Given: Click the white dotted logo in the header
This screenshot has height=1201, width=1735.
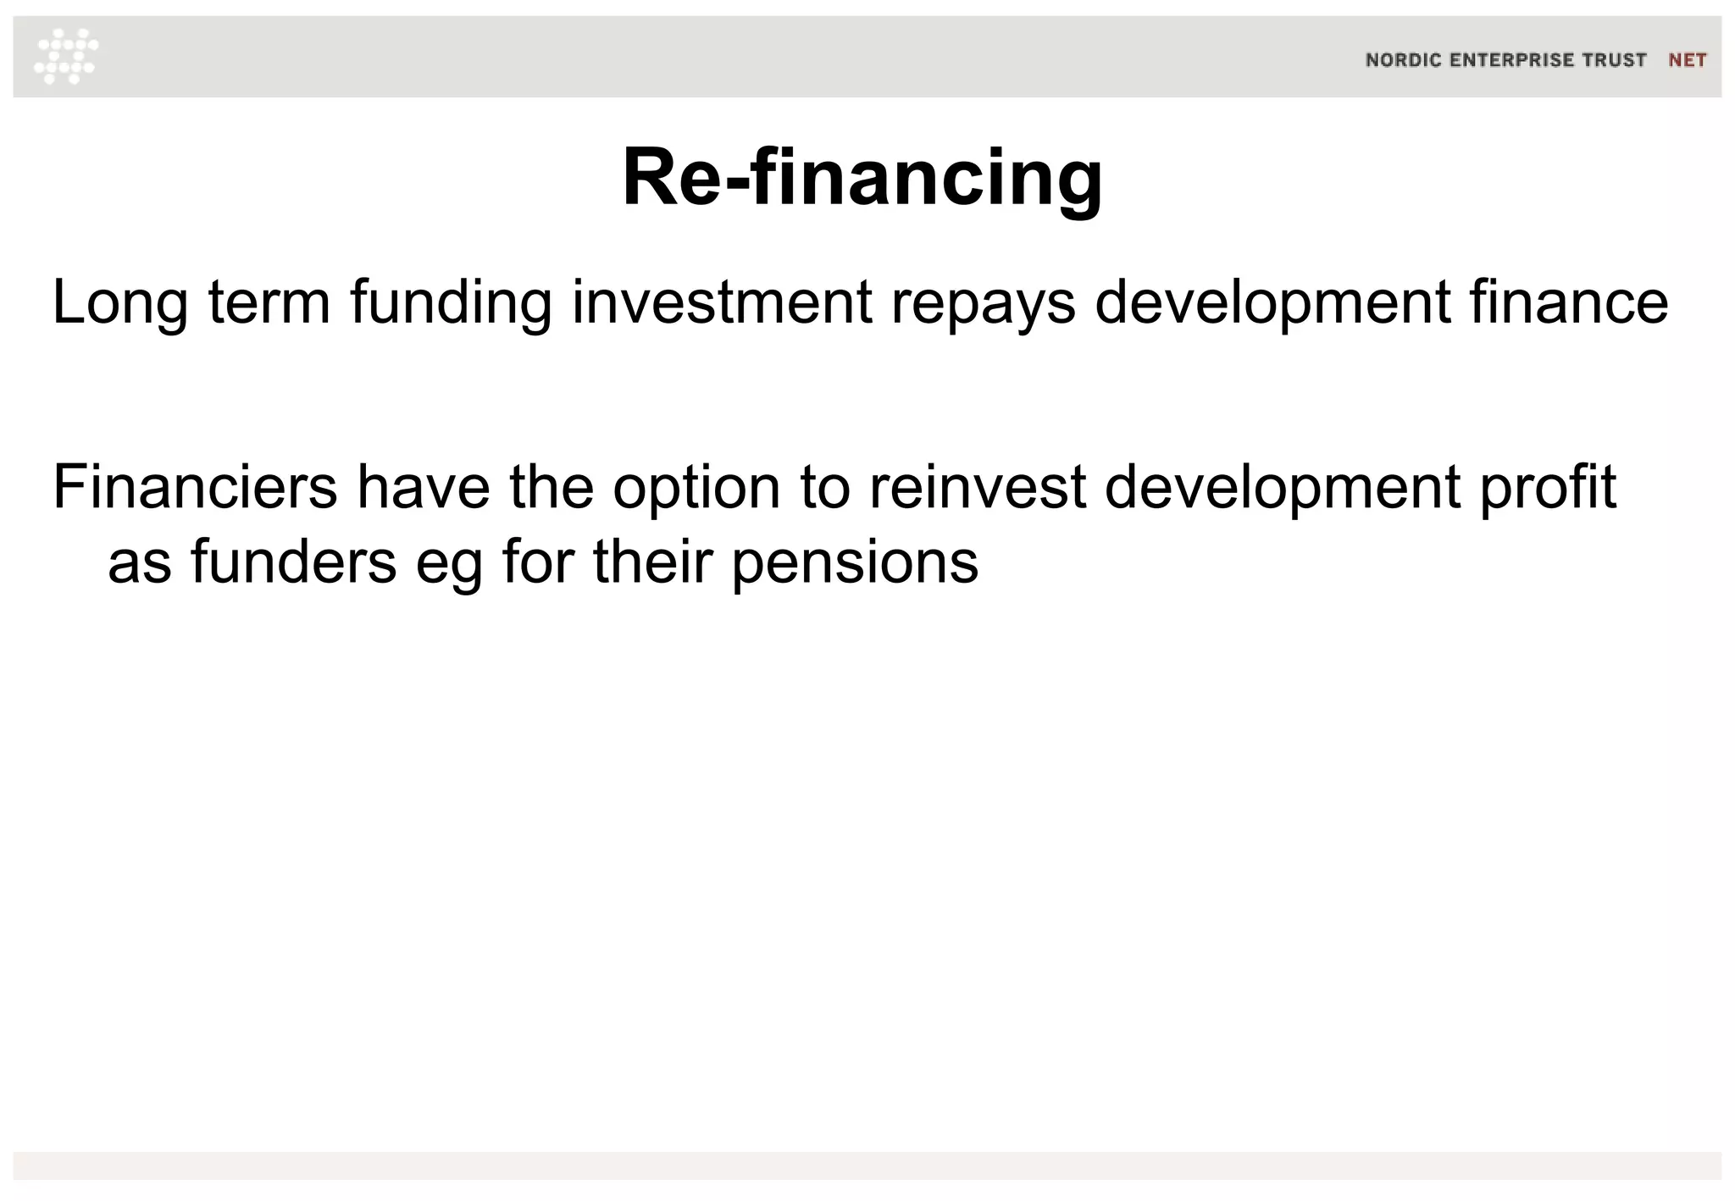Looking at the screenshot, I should pos(66,56).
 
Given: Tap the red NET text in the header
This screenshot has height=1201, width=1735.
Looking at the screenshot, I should pos(1687,60).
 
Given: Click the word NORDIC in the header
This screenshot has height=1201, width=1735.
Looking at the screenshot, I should pos(1403,60).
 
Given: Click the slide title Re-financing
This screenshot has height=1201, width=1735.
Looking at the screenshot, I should pos(862,178).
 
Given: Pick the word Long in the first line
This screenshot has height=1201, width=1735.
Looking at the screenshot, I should pos(119,303).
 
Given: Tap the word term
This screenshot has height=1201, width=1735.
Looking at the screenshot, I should pos(269,303).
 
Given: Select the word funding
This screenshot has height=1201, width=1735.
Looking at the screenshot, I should pos(451,303).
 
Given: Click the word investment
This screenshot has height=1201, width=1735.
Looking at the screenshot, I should pos(722,303).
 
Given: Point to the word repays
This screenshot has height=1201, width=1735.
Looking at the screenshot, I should pos(983,303).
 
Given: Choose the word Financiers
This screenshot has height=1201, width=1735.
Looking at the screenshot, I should pos(195,488).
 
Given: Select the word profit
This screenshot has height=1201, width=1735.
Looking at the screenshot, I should pos(1548,488).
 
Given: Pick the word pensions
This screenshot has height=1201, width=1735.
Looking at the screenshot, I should pos(855,562).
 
